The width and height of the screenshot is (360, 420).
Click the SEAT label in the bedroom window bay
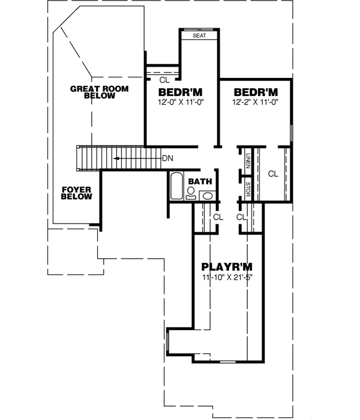pyautogui.click(x=199, y=36)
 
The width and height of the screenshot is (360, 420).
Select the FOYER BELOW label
pyautogui.click(x=76, y=193)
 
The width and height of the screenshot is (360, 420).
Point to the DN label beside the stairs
pyautogui.click(x=169, y=158)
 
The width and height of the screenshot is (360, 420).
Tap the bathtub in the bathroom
pyautogui.click(x=176, y=187)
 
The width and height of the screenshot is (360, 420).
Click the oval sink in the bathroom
pyautogui.click(x=207, y=194)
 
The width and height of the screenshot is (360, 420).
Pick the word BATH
pyautogui.click(x=199, y=181)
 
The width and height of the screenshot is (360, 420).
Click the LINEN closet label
pyautogui.click(x=248, y=162)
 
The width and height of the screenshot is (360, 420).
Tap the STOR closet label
pyautogui.click(x=248, y=189)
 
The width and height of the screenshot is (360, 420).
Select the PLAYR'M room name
pyautogui.click(x=227, y=266)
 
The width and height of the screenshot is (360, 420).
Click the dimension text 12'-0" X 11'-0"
pyautogui.click(x=181, y=102)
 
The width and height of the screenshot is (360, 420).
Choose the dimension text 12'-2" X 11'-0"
pyautogui.click(x=256, y=102)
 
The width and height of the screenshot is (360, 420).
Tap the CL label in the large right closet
pyautogui.click(x=273, y=174)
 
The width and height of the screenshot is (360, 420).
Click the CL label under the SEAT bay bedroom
pyautogui.click(x=164, y=79)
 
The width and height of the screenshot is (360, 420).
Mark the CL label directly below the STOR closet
pyautogui.click(x=242, y=217)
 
